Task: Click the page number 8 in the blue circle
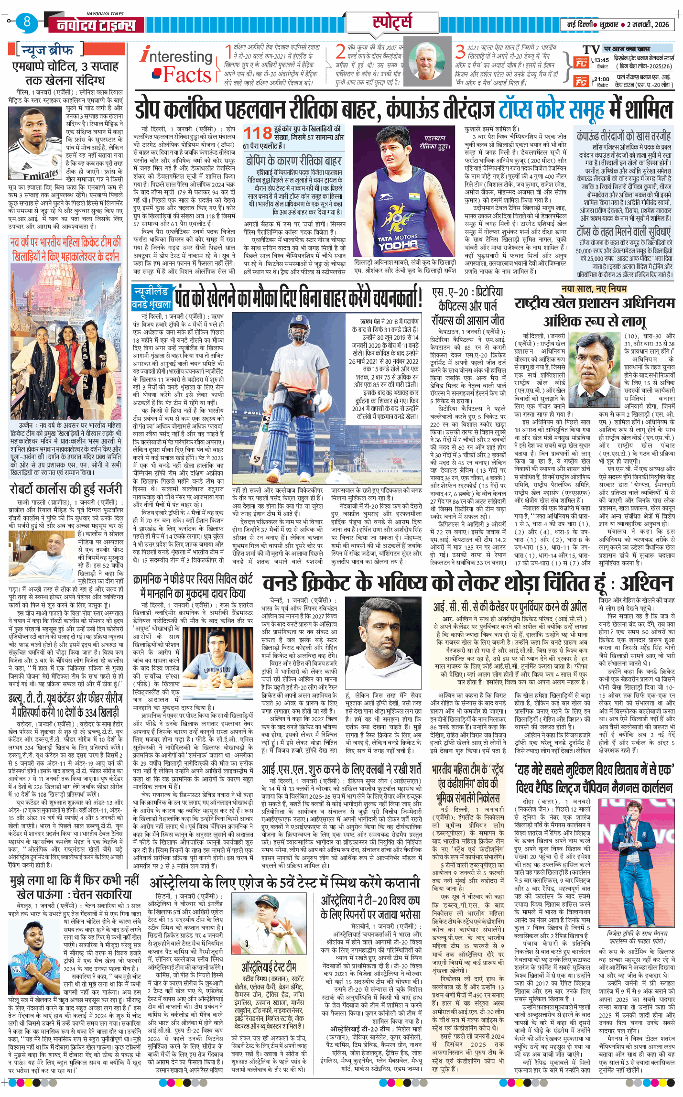[27, 22]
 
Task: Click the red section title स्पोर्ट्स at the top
[392, 22]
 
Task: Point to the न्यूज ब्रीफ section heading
[48, 50]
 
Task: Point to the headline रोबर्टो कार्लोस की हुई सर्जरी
[66, 489]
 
